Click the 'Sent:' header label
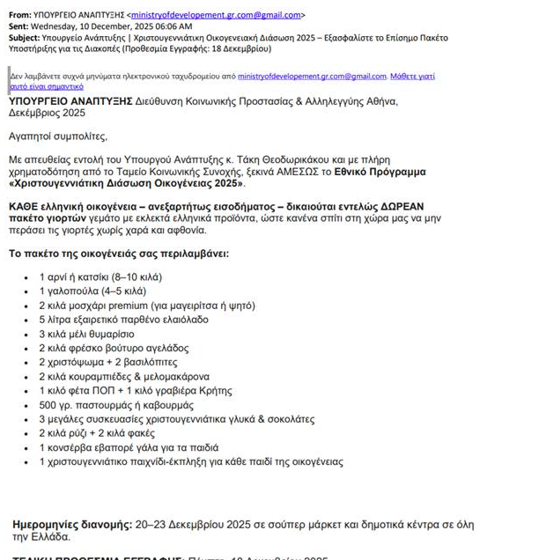click(x=21, y=26)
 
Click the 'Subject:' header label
click(x=27, y=38)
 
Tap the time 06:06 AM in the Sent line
click(x=175, y=26)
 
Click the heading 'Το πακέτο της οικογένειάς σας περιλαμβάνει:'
click(x=118, y=254)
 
